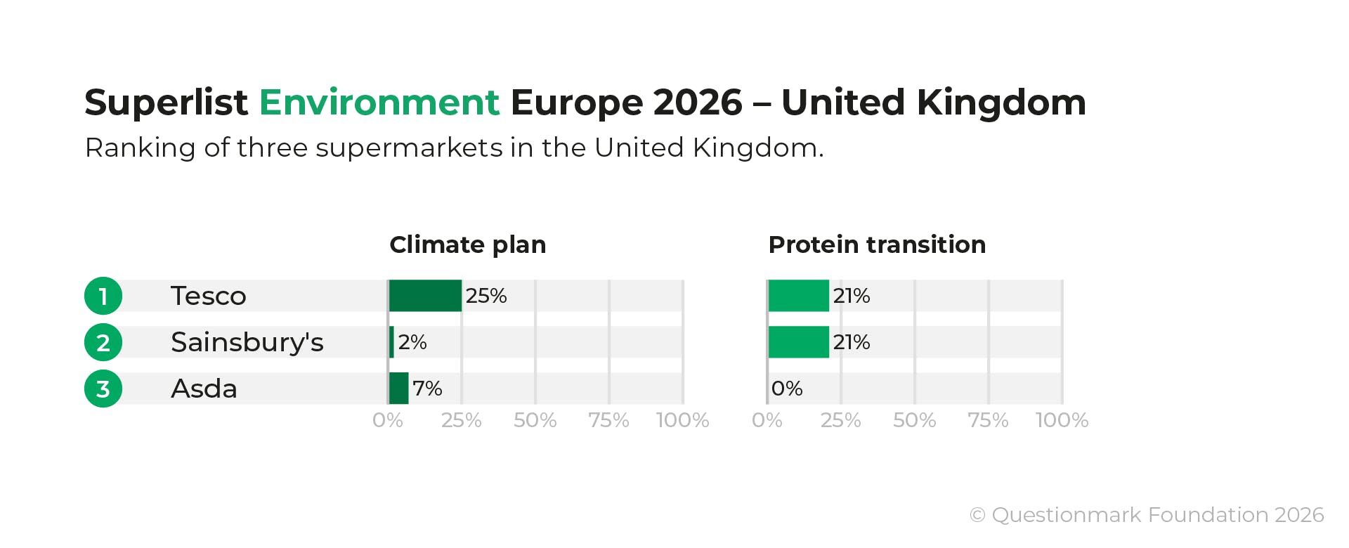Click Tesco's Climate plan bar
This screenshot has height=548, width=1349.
(425, 296)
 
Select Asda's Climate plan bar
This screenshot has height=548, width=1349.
(398, 389)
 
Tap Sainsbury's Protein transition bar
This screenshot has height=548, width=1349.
(798, 342)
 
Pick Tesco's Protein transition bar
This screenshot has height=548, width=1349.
(798, 296)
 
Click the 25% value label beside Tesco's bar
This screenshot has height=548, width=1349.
(486, 296)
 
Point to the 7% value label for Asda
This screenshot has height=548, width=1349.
(427, 389)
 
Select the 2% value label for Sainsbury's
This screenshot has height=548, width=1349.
(412, 342)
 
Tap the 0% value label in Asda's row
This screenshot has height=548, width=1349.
(787, 389)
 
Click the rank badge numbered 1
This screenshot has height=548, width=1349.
(103, 296)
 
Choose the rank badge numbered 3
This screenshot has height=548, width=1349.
(103, 389)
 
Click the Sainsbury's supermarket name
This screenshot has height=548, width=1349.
(247, 342)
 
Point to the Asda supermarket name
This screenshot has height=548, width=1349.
(204, 389)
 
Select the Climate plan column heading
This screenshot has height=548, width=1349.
(467, 244)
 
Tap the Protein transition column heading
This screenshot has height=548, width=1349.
(877, 244)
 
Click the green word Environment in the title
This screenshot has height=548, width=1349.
(379, 103)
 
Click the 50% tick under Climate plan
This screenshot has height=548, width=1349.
(535, 420)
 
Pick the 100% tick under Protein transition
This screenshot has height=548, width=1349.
(1062, 420)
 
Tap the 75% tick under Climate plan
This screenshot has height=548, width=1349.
(608, 420)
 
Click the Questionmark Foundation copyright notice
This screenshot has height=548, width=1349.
(1147, 515)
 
